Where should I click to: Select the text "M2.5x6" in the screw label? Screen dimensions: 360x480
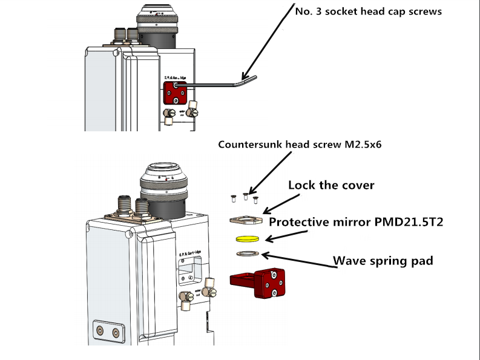363,145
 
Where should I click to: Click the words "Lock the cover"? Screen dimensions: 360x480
331,185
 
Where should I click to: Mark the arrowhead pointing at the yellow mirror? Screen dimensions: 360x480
265,237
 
